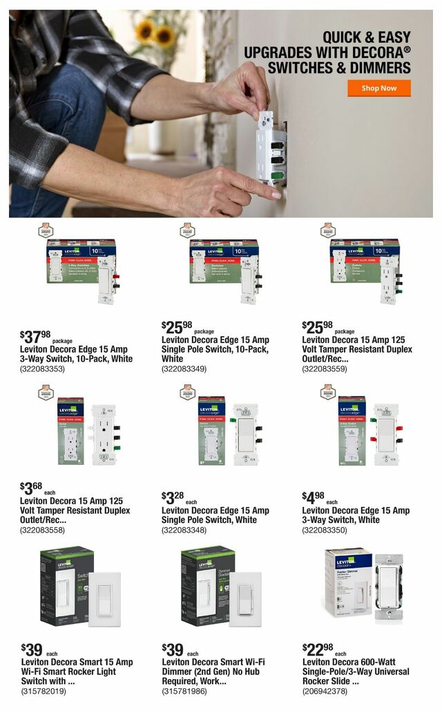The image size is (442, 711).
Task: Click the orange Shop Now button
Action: click(378, 88)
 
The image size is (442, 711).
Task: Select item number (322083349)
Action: click(184, 369)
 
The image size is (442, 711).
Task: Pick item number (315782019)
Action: click(43, 690)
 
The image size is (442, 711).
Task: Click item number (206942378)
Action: click(325, 690)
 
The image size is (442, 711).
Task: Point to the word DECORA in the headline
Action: click(373, 53)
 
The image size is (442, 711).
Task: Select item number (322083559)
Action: click(325, 369)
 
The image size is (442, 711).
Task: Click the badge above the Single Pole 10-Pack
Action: click(187, 231)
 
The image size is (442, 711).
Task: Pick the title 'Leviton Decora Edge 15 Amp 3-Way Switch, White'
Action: click(356, 515)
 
